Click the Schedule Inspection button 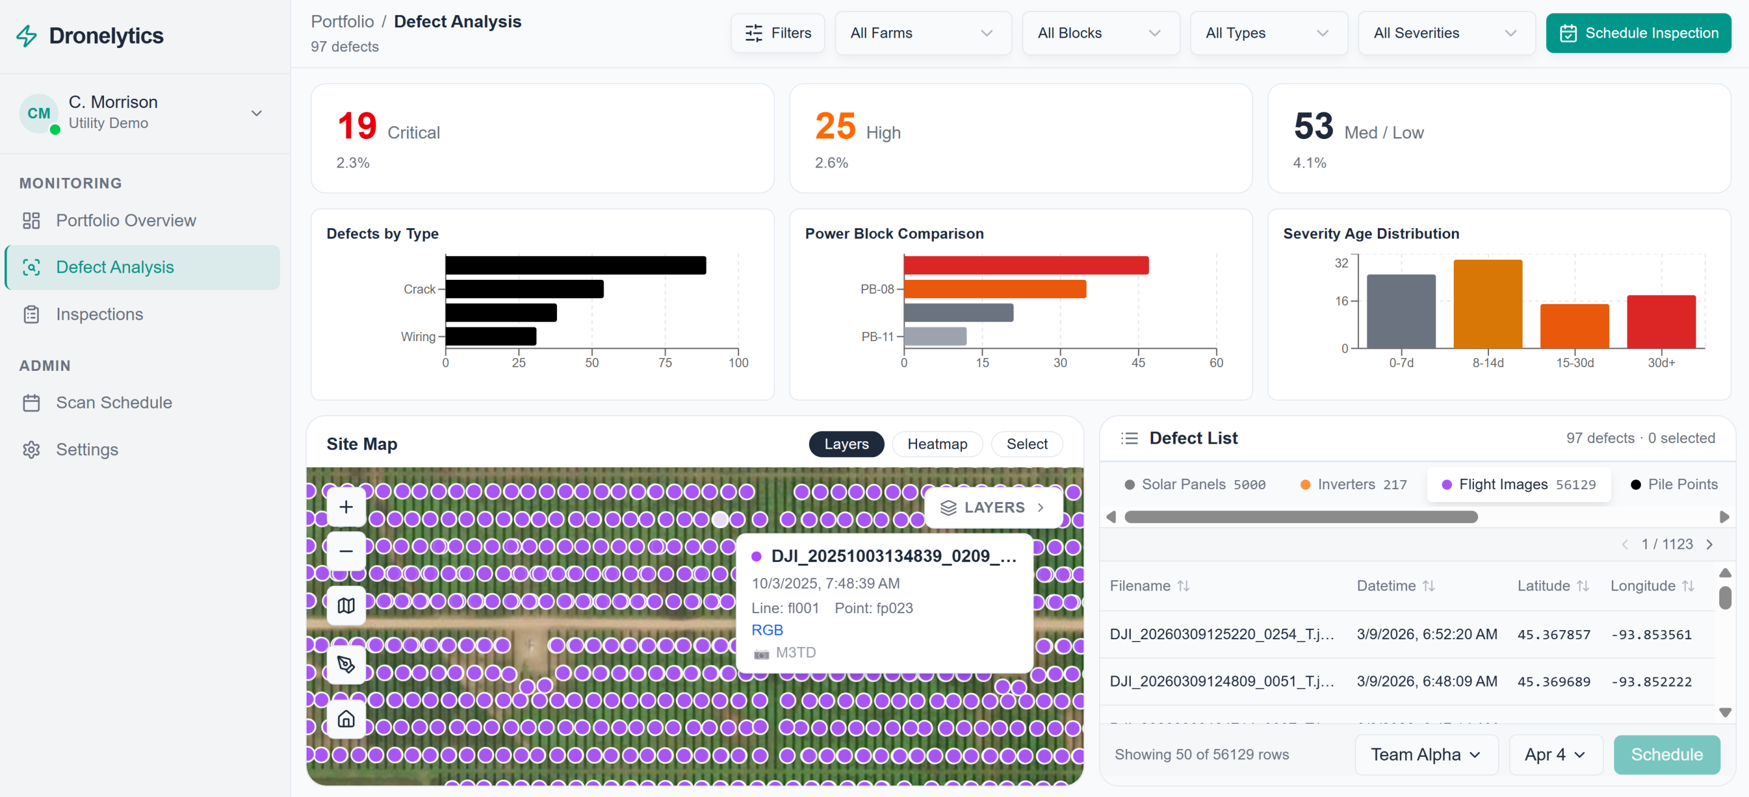pyautogui.click(x=1638, y=33)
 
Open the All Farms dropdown pyautogui.click(x=922, y=33)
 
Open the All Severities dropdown pyautogui.click(x=1445, y=33)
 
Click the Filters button pyautogui.click(x=777, y=33)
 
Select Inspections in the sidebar pyautogui.click(x=99, y=314)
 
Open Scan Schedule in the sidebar pyautogui.click(x=114, y=402)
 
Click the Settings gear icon pyautogui.click(x=31, y=449)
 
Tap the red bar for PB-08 pyautogui.click(x=1026, y=265)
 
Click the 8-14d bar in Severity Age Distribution pyautogui.click(x=1488, y=304)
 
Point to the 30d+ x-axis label pyautogui.click(x=1662, y=362)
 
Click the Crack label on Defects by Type pyautogui.click(x=419, y=289)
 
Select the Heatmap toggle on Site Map pyautogui.click(x=937, y=443)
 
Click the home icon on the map pyautogui.click(x=346, y=718)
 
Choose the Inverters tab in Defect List pyautogui.click(x=1353, y=484)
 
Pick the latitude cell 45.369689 pyautogui.click(x=1553, y=681)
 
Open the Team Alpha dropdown pyautogui.click(x=1426, y=755)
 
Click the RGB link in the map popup pyautogui.click(x=766, y=629)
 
